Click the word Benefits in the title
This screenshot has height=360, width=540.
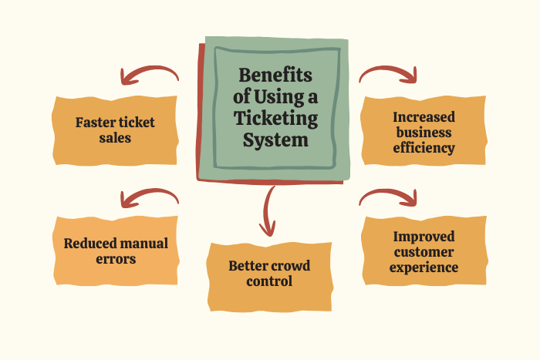(x=275, y=76)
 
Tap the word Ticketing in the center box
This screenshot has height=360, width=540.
(x=275, y=119)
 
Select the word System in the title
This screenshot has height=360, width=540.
(x=275, y=140)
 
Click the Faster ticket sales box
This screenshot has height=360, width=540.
(x=115, y=130)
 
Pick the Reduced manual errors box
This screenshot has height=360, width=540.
(x=115, y=251)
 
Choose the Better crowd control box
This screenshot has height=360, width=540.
(x=269, y=274)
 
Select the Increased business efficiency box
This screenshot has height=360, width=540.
(x=424, y=131)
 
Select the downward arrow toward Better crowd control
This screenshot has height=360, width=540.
(x=268, y=212)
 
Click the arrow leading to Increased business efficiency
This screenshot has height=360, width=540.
(x=390, y=73)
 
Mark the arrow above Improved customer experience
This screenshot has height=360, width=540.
(x=390, y=197)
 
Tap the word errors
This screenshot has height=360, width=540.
(x=116, y=259)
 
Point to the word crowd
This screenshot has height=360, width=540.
(x=289, y=266)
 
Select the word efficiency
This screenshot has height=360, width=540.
(x=424, y=146)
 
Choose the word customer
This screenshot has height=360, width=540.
(x=424, y=252)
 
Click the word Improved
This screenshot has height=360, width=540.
(x=424, y=237)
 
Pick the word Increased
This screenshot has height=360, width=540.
(x=424, y=116)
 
